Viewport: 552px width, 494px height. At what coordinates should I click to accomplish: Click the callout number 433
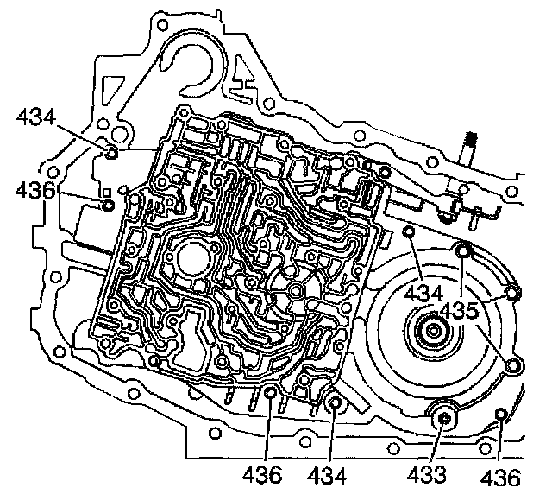(x=429, y=474)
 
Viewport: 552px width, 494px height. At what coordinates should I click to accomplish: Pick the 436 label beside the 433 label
(x=501, y=476)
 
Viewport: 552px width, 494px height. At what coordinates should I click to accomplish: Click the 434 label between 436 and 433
(x=329, y=474)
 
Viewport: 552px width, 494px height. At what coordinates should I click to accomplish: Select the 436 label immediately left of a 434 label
(x=264, y=474)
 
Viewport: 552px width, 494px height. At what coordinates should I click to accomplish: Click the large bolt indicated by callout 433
(x=444, y=418)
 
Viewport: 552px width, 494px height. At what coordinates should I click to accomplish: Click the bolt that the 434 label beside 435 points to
(x=410, y=232)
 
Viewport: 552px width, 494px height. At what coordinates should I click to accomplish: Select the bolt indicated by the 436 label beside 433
(x=502, y=420)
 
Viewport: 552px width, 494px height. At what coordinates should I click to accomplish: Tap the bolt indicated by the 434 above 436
(x=112, y=154)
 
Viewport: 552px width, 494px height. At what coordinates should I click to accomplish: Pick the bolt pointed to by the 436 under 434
(x=108, y=206)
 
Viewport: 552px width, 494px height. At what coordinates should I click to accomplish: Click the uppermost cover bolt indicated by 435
(x=463, y=251)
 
